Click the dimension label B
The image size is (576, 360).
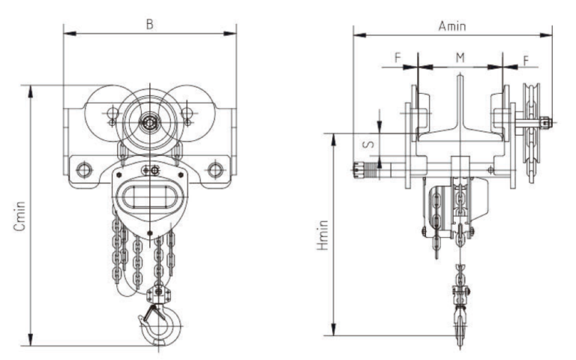(149, 24)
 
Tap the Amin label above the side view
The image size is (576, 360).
(452, 25)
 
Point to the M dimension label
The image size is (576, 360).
(460, 58)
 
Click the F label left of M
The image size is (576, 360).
(397, 58)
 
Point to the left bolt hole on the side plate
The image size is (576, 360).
(84, 169)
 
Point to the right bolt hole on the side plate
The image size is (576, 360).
(215, 169)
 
